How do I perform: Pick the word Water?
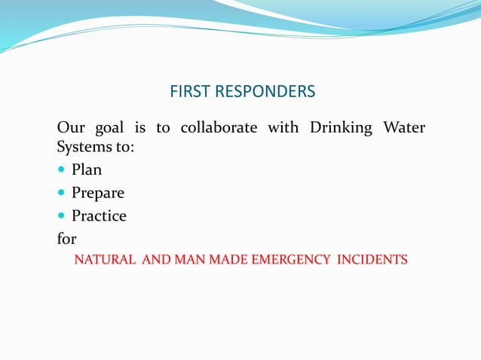405,127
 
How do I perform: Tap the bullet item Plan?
87,169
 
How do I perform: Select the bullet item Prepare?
98,193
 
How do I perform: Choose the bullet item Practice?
99,216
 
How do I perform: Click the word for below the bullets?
67,239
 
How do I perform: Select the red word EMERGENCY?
292,261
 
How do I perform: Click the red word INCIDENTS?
372,261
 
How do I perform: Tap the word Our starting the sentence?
70,127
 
